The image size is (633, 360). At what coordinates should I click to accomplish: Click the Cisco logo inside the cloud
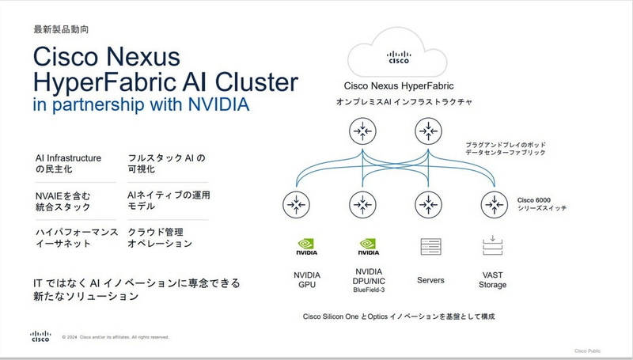[398, 56]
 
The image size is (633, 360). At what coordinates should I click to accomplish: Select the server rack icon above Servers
[430, 248]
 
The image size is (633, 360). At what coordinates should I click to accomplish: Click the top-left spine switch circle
[363, 129]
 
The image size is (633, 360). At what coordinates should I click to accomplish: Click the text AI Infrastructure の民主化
[68, 164]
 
